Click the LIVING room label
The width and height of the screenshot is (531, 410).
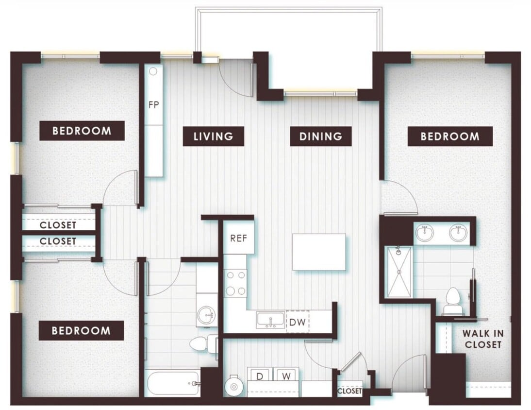[213, 137]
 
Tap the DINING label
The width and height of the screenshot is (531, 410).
[320, 137]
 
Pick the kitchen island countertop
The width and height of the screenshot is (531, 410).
[319, 252]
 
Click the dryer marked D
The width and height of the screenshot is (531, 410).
[260, 376]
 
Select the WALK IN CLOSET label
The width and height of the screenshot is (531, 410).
[482, 339]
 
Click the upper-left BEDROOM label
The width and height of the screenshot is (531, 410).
[82, 131]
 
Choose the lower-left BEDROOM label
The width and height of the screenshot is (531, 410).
[81, 331]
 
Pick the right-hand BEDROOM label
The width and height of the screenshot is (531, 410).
[449, 137]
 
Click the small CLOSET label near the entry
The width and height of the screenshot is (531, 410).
[349, 391]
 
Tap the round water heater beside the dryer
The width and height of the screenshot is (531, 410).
[234, 386]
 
